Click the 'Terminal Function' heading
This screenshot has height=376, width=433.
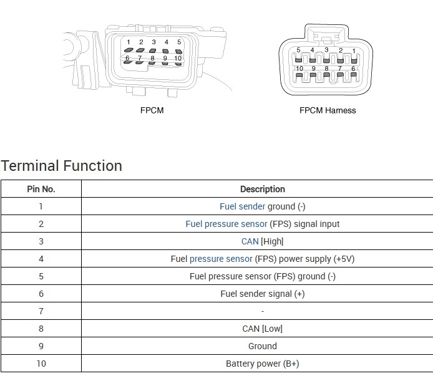pos(61,166)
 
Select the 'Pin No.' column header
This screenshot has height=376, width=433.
pos(41,189)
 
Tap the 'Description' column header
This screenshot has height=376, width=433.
pos(262,189)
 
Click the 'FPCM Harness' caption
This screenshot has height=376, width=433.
pos(328,110)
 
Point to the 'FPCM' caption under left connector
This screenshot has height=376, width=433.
pos(152,110)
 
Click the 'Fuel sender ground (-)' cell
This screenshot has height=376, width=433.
pos(262,206)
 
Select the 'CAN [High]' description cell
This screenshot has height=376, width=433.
pos(262,241)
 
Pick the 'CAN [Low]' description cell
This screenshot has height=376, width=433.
pos(262,329)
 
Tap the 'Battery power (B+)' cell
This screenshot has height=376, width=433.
pos(262,364)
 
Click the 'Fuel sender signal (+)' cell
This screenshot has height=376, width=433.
pos(262,294)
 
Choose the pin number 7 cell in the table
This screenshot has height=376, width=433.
pos(41,311)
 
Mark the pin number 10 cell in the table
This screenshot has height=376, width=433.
pos(41,364)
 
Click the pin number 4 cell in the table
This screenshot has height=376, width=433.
pos(41,259)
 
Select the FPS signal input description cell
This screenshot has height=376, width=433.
pos(262,224)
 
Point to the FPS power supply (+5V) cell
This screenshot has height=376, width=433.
pos(262,259)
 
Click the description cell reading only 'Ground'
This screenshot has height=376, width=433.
pos(262,346)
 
